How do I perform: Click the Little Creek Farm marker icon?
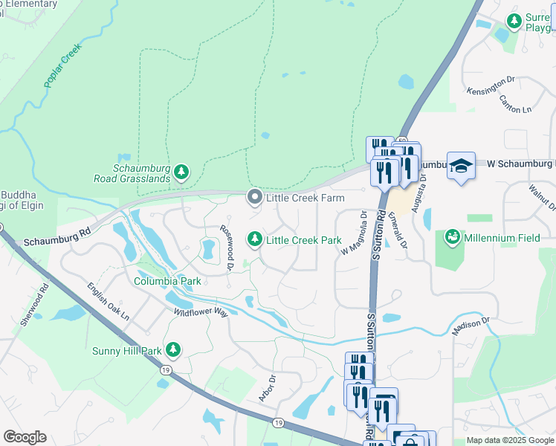click(255, 197)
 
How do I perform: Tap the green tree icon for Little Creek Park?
click(255, 239)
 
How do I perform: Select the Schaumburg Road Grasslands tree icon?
click(181, 173)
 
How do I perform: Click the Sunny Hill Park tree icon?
click(173, 349)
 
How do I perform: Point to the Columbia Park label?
click(167, 282)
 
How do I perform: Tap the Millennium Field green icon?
click(451, 238)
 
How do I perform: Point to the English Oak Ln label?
click(107, 301)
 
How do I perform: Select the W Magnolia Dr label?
click(355, 233)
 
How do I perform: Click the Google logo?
click(25, 437)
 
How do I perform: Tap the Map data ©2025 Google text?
click(509, 440)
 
